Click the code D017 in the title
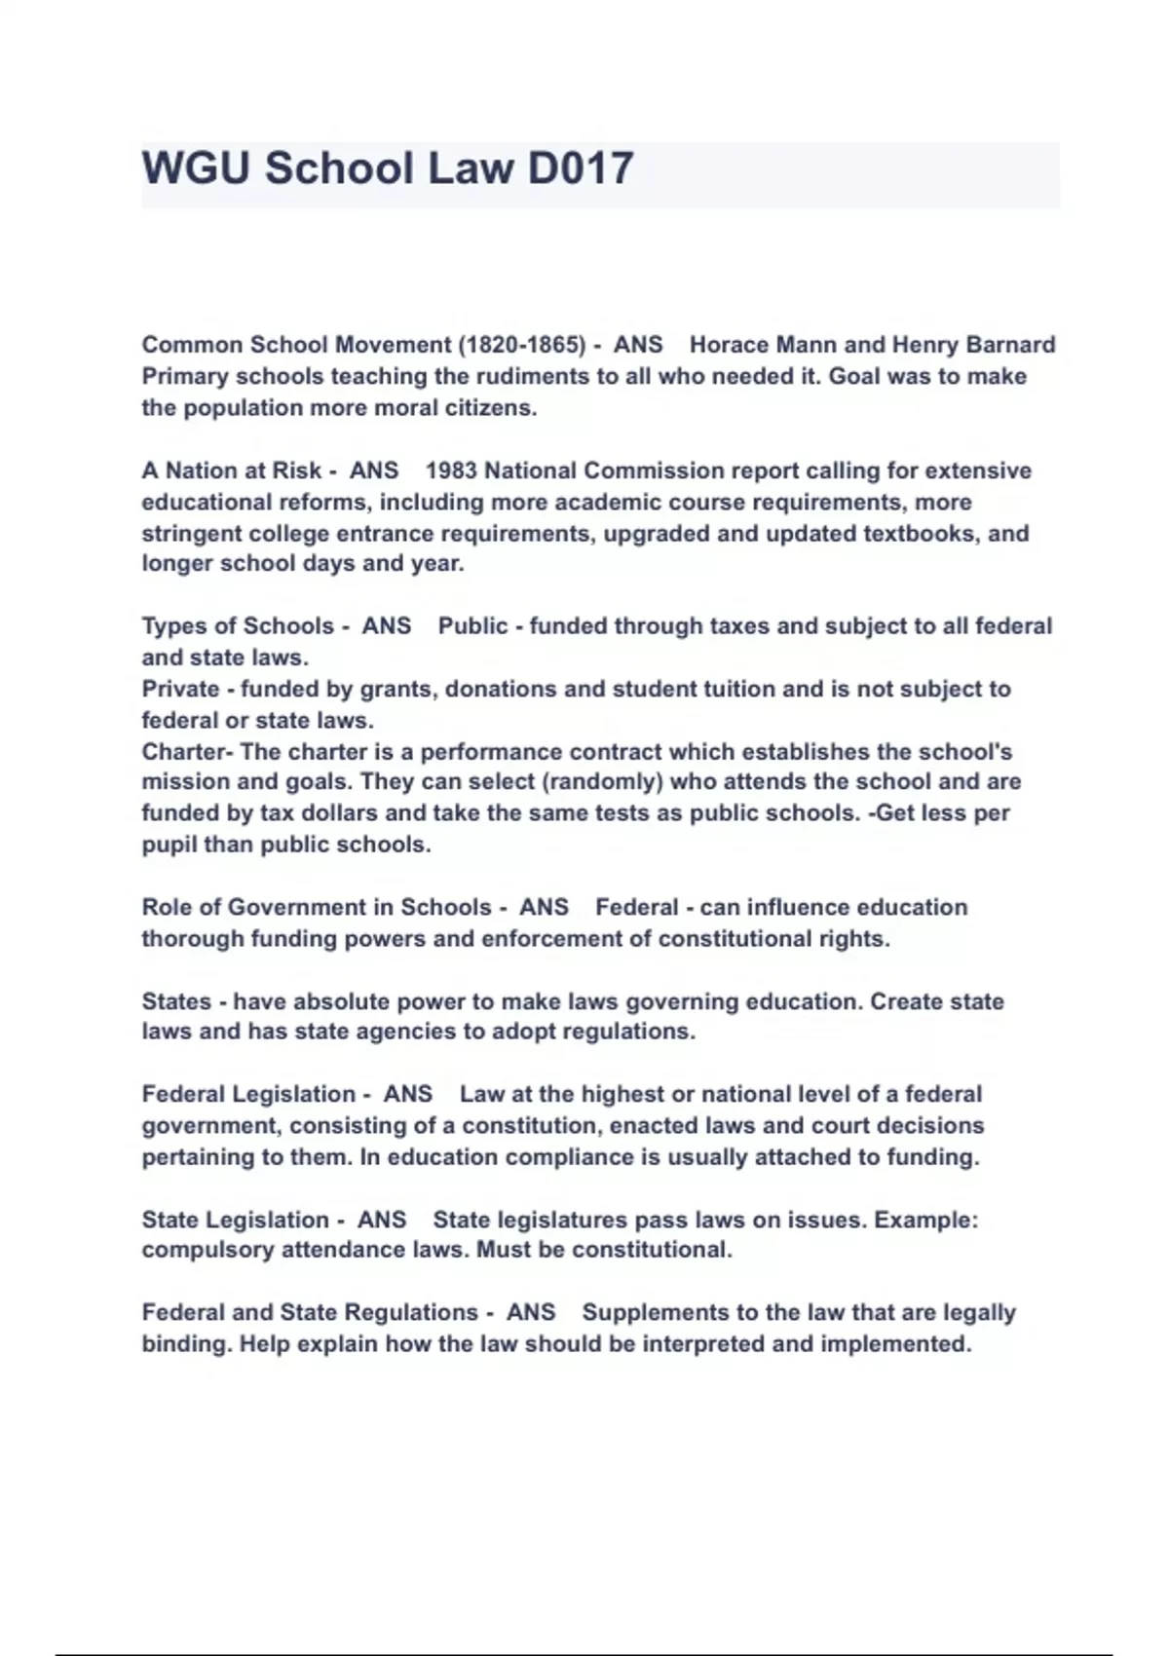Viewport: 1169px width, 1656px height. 581,169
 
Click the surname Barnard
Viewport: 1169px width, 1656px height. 1013,345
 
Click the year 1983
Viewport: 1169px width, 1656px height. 451,470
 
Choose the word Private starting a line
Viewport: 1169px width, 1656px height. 180,689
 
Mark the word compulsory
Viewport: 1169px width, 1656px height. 207,1250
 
